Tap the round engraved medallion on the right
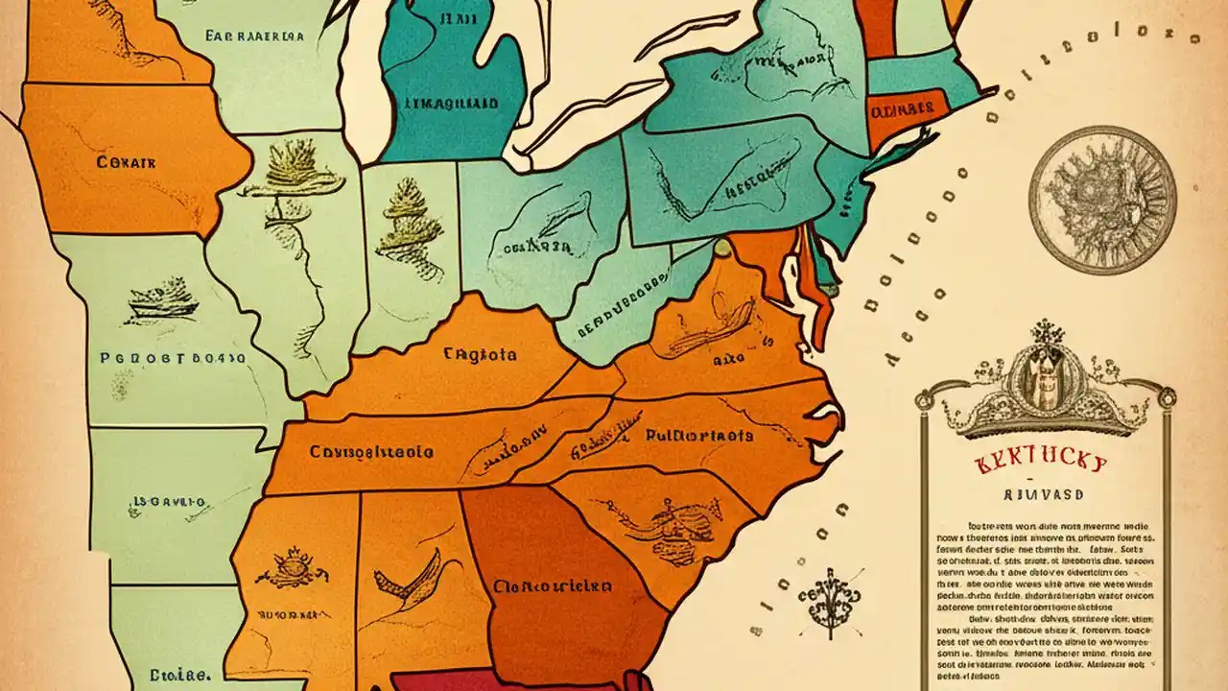coord(1102,200)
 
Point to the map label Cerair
coord(126,162)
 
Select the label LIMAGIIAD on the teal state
coord(450,103)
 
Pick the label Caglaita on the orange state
coord(480,354)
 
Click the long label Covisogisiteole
coord(371,451)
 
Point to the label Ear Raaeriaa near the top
coord(254,36)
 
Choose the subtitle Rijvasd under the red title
coord(1040,495)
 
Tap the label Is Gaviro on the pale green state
coord(169,501)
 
